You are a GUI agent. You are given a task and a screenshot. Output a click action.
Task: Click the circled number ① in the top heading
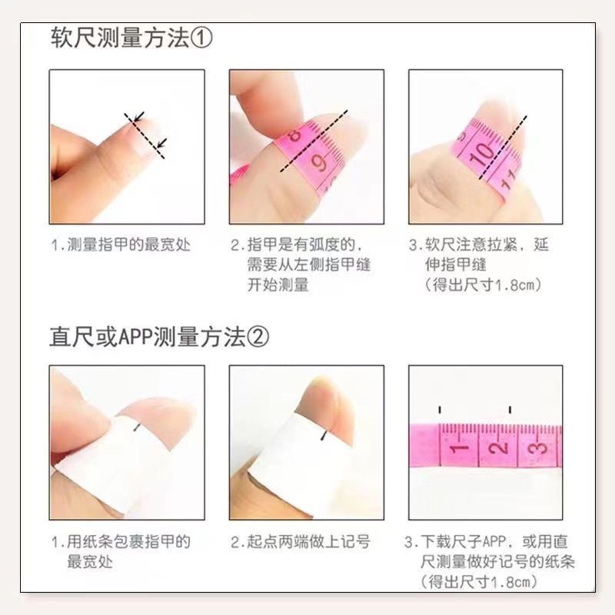coord(201,38)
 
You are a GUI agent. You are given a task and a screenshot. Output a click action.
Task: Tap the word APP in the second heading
coord(135,337)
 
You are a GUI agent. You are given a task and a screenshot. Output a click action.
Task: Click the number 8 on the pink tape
coord(294,135)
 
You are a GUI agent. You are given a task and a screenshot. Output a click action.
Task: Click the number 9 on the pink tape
coord(319,162)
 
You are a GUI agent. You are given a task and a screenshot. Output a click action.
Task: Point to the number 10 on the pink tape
coord(481,154)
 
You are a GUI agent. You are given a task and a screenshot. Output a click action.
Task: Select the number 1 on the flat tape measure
coord(458,448)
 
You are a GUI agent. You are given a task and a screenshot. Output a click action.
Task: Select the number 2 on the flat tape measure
coord(499,447)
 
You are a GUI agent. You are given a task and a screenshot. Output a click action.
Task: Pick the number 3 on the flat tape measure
coord(539,448)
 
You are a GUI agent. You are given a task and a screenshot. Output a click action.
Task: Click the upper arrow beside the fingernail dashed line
coord(139,117)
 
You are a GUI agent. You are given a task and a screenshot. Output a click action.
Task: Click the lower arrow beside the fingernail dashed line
coord(161,143)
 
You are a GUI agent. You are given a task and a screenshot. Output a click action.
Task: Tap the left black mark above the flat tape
coord(440,410)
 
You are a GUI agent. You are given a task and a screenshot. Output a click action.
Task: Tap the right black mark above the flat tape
coord(510,410)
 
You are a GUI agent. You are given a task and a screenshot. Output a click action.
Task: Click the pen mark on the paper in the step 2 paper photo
coord(324,435)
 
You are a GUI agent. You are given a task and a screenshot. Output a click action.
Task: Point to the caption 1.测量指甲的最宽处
coord(121,244)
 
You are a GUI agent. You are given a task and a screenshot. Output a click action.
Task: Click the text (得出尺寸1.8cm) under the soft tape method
coord(484,284)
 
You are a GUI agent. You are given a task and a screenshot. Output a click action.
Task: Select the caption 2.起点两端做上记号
coord(301,542)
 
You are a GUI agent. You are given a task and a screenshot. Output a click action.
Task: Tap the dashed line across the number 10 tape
coord(503,148)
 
